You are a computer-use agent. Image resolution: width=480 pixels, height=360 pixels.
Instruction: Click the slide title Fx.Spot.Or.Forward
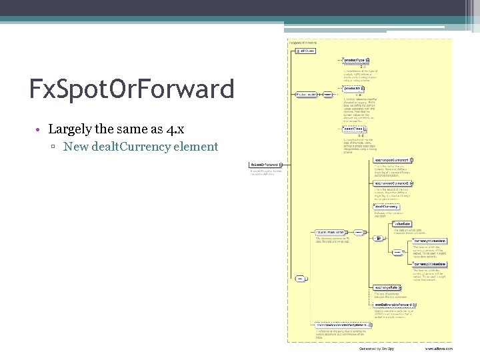coord(131,89)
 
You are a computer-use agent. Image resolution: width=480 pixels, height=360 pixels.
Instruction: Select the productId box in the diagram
coord(353,88)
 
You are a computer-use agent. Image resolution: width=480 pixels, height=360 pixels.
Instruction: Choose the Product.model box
coord(305,94)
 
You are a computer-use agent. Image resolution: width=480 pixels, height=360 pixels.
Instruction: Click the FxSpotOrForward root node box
coord(263,164)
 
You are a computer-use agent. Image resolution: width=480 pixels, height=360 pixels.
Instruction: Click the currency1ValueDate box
coord(429,240)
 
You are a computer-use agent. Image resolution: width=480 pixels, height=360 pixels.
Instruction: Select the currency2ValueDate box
coord(429,264)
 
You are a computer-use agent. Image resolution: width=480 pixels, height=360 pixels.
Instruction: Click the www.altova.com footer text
coord(439,348)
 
